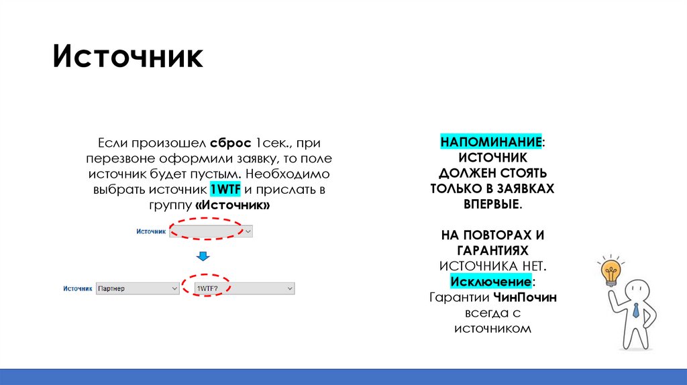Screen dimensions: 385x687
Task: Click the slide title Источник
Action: [127, 57]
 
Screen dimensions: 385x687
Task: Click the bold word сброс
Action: [230, 143]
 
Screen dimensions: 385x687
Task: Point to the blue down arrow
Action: [202, 257]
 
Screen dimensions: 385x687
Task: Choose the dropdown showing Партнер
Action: [137, 288]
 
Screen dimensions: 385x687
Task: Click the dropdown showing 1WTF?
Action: [244, 288]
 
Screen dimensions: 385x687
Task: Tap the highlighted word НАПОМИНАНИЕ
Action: [491, 143]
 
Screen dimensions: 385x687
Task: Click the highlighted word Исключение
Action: [492, 280]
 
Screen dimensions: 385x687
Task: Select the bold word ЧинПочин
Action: [524, 296]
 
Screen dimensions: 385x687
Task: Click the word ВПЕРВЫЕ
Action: [492, 205]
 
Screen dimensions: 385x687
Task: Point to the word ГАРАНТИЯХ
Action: [492, 250]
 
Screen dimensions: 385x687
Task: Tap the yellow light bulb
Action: [611, 272]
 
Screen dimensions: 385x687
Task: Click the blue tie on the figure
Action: [635, 310]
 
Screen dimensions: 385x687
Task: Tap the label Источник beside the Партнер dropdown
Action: [77, 288]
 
